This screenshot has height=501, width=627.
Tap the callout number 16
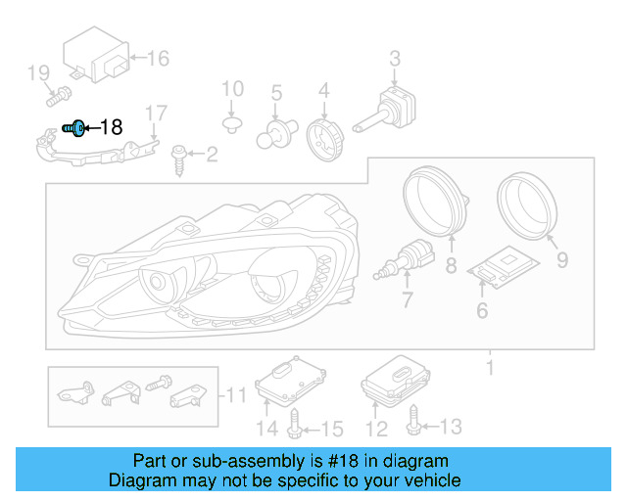157,59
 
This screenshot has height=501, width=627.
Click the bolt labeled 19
56,96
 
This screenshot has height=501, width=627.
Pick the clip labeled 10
232,123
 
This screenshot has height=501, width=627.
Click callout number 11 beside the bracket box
238,395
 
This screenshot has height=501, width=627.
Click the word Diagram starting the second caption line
141,480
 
